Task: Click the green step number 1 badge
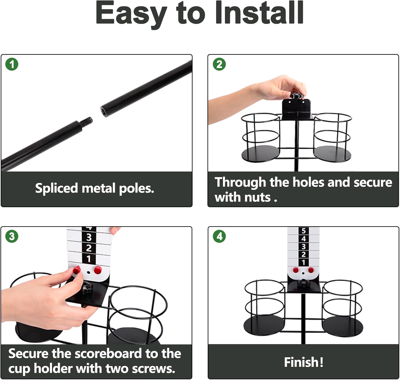click(12, 64)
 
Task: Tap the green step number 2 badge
click(219, 64)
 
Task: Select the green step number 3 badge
click(12, 236)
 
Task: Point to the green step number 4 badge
click(219, 236)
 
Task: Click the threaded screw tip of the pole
click(86, 122)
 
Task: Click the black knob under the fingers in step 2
click(297, 96)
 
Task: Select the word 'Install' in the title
click(259, 13)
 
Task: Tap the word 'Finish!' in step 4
click(303, 362)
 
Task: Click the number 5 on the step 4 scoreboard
click(303, 231)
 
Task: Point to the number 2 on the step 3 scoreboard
click(89, 248)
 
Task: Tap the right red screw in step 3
click(98, 270)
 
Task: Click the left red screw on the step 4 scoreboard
click(296, 270)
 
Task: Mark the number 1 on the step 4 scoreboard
click(303, 262)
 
